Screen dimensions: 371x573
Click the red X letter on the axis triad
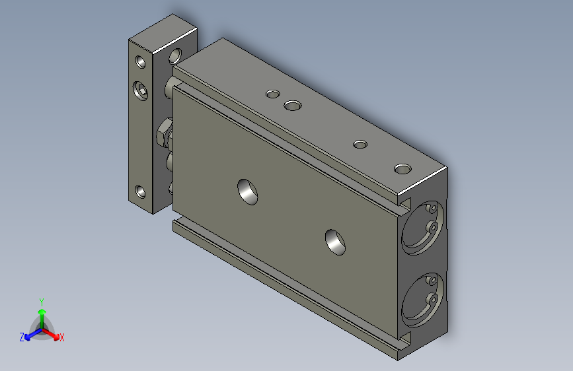click(x=62, y=338)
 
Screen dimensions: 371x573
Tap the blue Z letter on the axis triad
click(x=22, y=337)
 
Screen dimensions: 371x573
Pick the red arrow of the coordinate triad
click(x=52, y=333)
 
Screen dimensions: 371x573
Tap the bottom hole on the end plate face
click(x=140, y=193)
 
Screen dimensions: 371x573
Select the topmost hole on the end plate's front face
click(x=141, y=63)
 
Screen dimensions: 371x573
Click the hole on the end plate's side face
click(x=176, y=55)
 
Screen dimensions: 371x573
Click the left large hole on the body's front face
click(x=248, y=190)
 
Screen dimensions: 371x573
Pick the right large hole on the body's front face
click(x=336, y=242)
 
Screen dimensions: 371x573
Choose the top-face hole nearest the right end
click(x=402, y=169)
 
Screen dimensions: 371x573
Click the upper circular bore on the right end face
click(x=422, y=227)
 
